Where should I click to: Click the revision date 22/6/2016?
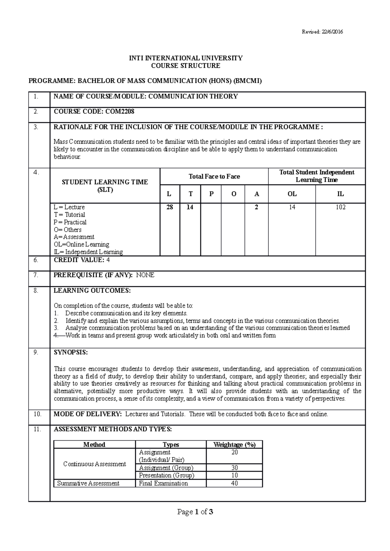[x=332, y=32]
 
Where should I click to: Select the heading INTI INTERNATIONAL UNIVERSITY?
[x=186, y=58]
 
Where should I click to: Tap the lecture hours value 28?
[x=170, y=207]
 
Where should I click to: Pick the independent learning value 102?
[x=340, y=207]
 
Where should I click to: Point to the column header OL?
[x=292, y=194]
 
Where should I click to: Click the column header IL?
[x=340, y=194]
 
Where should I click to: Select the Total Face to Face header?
[x=214, y=177]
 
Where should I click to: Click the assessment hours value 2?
[x=256, y=207]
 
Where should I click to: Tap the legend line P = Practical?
[x=70, y=222]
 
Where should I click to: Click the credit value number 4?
[x=108, y=260]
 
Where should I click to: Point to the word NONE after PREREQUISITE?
[x=145, y=275]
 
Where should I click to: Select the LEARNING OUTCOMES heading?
[x=92, y=291]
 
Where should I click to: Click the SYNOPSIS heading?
[x=71, y=352]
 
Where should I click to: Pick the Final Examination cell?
[x=163, y=483]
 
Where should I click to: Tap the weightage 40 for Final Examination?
[x=234, y=483]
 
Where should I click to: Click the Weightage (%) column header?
[x=234, y=445]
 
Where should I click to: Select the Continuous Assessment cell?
[x=94, y=464]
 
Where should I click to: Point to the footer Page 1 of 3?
[x=195, y=512]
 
